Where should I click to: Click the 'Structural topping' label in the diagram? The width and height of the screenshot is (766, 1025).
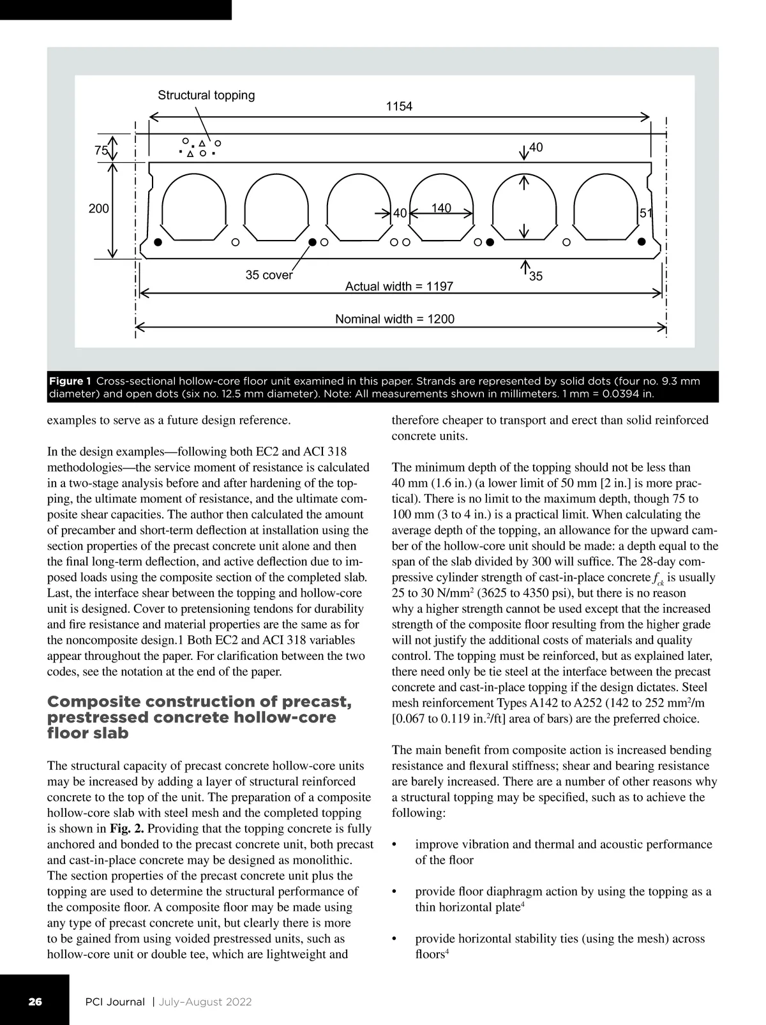coord(206,95)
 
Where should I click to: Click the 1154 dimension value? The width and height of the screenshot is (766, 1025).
coord(399,107)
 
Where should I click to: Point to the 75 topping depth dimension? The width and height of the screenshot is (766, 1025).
coord(100,151)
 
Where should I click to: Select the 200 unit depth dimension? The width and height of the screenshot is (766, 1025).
coord(98,208)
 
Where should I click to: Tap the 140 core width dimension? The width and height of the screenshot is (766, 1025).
coord(441,208)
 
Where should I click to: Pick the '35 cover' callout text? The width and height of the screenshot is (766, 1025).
coord(269,275)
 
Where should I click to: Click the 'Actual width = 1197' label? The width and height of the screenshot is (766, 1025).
coord(399,287)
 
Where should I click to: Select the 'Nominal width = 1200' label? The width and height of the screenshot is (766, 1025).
coord(395,318)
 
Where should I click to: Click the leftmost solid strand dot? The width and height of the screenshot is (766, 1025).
coord(158,243)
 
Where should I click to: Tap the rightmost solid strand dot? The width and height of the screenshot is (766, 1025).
coord(642,241)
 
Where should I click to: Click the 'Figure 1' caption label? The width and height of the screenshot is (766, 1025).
coord(70,381)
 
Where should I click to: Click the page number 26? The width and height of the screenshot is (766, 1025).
coord(34,1001)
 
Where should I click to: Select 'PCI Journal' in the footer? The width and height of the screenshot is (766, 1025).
coord(115,1001)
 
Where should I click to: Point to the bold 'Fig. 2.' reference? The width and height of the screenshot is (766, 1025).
coord(127,828)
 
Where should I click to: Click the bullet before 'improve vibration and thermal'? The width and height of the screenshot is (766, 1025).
coord(394,845)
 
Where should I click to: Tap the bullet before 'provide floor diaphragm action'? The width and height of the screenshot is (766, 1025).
coord(394,892)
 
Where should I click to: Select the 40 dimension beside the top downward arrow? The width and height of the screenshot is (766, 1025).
coord(536,147)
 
